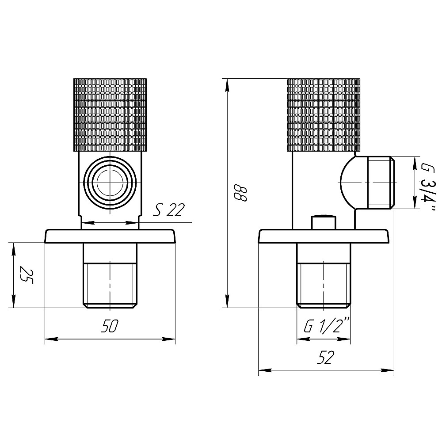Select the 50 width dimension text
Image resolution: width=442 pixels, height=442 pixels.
[x=110, y=326]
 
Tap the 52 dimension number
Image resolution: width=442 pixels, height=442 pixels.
[x=326, y=358]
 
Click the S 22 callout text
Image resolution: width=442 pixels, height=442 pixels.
[x=168, y=210]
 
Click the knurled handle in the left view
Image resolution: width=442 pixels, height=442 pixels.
[x=110, y=115]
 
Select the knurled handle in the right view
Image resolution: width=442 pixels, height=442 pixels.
[x=324, y=115]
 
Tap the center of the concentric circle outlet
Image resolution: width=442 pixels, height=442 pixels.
[x=110, y=183]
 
